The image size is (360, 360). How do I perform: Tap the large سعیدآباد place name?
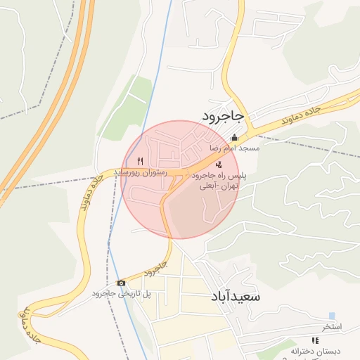coord(235,297)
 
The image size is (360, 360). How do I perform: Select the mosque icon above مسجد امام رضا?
coord(234,139)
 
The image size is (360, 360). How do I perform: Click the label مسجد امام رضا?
coord(234,149)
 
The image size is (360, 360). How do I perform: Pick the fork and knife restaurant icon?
coord(141,161)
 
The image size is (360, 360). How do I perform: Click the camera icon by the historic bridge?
coord(122,283)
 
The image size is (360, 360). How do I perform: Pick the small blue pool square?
coord(332,316)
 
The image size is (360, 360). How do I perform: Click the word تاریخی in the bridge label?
coord(127,294)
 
